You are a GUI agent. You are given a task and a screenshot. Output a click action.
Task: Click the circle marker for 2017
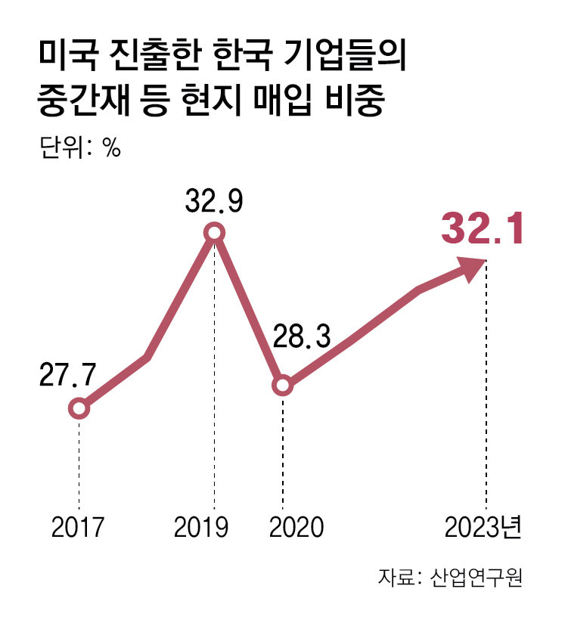(79, 409)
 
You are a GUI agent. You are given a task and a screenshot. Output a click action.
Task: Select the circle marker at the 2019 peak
(215, 233)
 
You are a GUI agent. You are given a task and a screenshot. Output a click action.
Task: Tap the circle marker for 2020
(282, 386)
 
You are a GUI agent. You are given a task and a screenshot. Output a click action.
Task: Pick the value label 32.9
(214, 203)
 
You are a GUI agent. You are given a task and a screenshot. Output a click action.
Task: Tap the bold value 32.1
(482, 228)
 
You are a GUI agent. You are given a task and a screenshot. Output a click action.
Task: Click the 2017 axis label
(78, 527)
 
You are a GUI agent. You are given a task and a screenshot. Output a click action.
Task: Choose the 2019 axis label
(200, 527)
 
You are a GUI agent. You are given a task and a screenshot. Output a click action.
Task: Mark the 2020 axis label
(296, 527)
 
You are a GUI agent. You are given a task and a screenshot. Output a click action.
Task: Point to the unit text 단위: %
(79, 147)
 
